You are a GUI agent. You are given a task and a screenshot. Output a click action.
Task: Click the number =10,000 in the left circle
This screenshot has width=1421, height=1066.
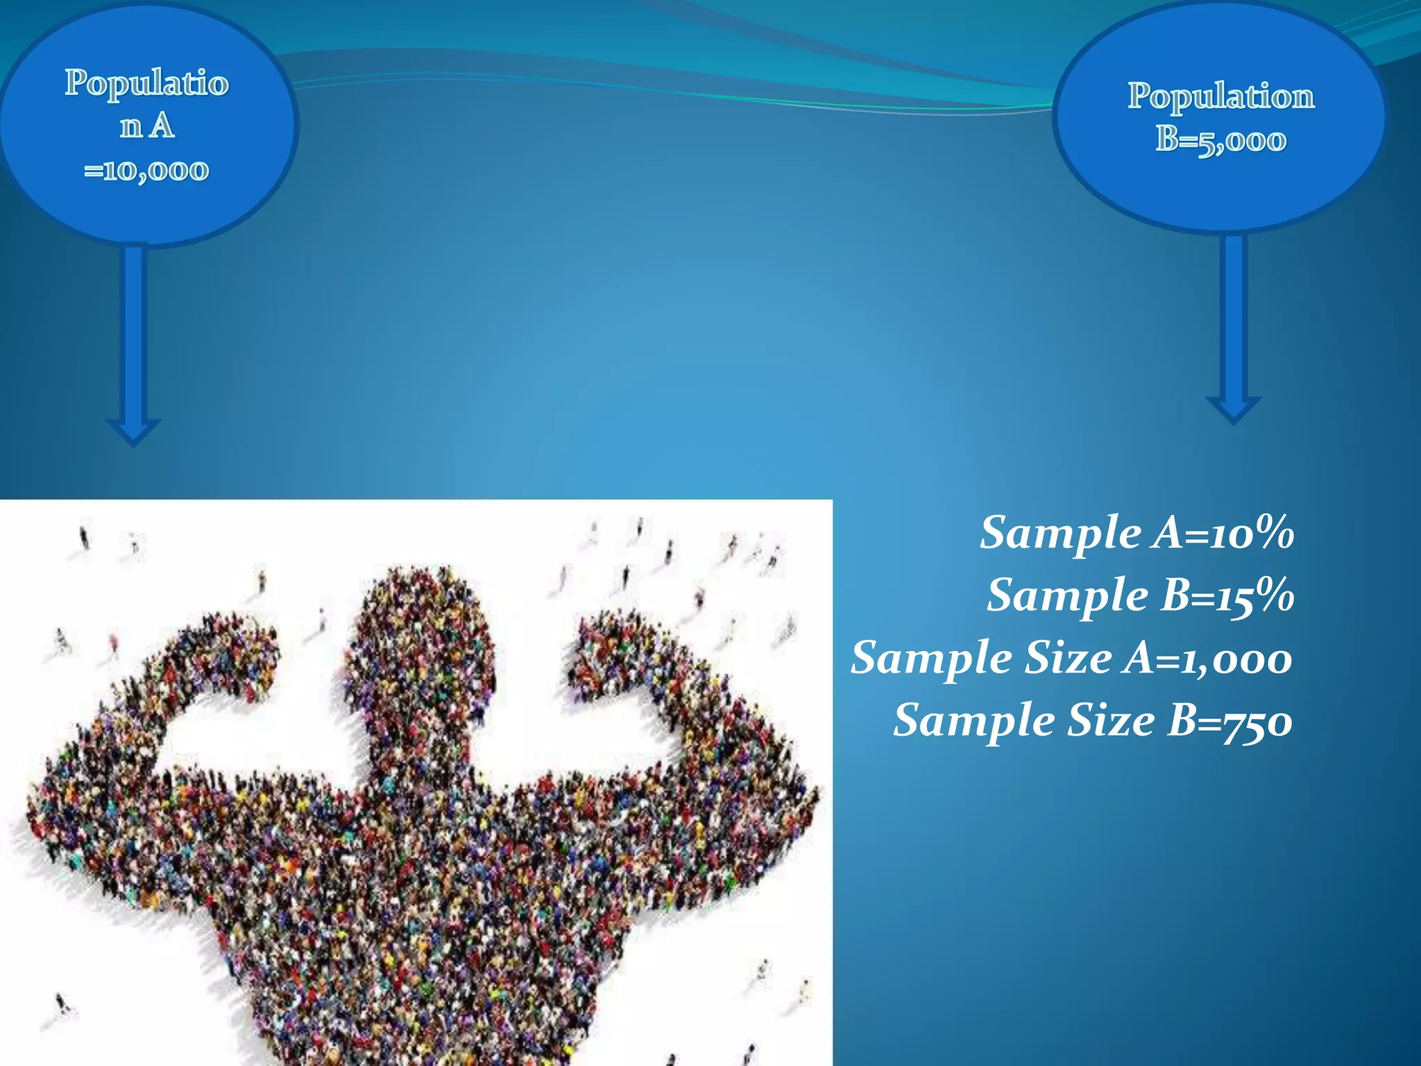(x=146, y=170)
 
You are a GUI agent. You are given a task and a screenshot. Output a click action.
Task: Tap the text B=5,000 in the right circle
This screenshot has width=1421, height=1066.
(x=1220, y=139)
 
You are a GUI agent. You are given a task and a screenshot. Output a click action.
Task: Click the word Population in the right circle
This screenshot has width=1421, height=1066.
(x=1220, y=96)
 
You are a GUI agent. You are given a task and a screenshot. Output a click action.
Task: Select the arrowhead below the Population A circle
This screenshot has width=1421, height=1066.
(x=133, y=432)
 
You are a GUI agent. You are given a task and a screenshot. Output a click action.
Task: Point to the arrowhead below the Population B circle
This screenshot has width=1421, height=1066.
(x=1233, y=409)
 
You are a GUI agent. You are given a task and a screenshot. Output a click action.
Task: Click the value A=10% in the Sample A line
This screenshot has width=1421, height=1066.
(x=1224, y=533)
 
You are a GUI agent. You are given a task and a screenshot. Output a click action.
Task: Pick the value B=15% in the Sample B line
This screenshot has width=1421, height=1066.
(x=1227, y=595)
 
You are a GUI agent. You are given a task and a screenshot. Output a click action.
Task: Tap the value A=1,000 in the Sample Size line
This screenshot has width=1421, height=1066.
(x=1208, y=658)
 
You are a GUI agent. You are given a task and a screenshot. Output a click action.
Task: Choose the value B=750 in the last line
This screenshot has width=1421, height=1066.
(x=1229, y=720)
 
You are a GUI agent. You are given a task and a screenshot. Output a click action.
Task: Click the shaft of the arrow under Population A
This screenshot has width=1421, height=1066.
(x=133, y=333)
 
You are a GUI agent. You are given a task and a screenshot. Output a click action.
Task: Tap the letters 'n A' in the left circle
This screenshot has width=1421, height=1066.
(x=146, y=126)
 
